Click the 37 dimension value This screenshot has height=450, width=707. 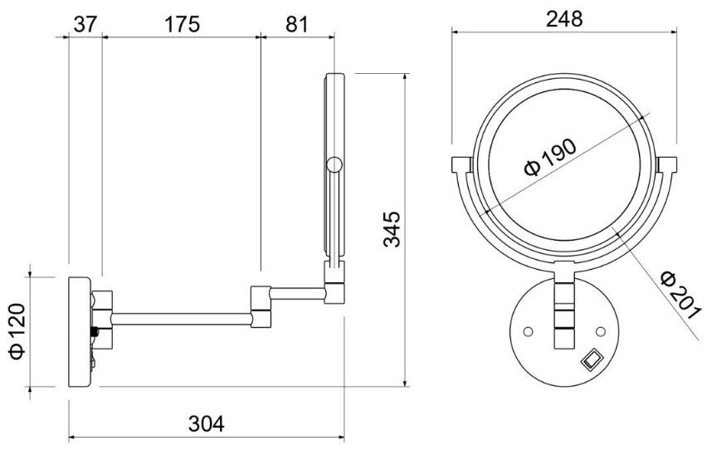click(x=85, y=24)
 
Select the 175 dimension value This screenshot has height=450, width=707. click(x=181, y=24)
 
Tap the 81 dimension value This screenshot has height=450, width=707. click(x=297, y=24)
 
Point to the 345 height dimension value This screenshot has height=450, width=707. click(x=392, y=229)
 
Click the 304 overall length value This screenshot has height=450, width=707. click(x=206, y=424)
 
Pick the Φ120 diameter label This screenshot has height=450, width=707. click(x=17, y=332)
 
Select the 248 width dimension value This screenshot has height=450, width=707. click(x=564, y=19)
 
